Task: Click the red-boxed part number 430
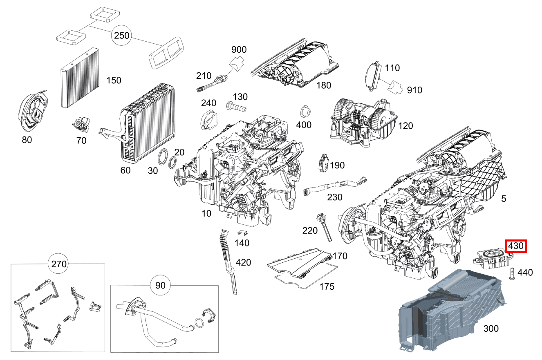coord(516,246)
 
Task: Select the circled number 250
coord(121,36)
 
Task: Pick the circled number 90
coord(160,285)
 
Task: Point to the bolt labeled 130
coord(236,108)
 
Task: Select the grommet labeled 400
coord(305,111)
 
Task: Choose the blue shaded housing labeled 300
coord(450,311)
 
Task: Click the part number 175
coord(327,286)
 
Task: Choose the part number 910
coord(414,90)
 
